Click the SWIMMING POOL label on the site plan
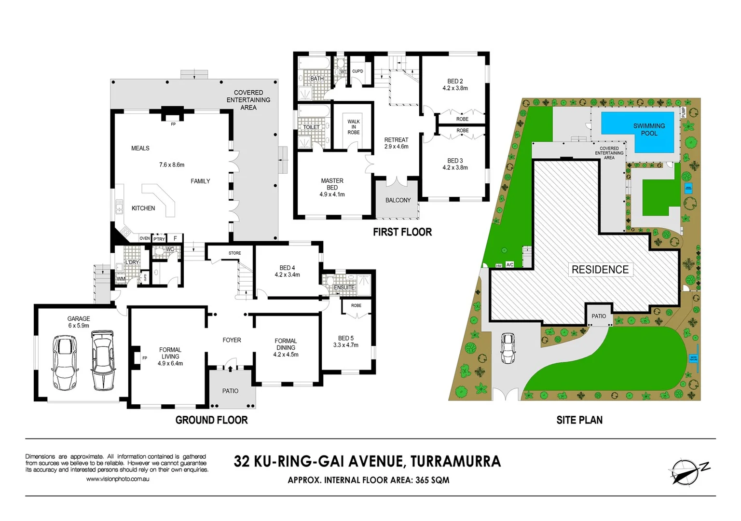(649, 129)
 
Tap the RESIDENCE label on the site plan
(600, 270)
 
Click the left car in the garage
(65, 362)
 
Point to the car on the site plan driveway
(508, 348)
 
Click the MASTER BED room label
(332, 187)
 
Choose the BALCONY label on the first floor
(398, 200)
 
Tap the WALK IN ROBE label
(354, 127)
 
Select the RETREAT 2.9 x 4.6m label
(396, 143)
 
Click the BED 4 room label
(287, 271)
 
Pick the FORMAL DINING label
(286, 347)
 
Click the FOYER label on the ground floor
(232, 340)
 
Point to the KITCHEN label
(143, 208)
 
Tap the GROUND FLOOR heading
(211, 420)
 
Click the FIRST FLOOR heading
(402, 232)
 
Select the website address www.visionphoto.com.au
(118, 479)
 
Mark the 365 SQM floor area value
(432, 480)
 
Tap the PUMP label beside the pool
(683, 112)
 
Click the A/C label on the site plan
(510, 264)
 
